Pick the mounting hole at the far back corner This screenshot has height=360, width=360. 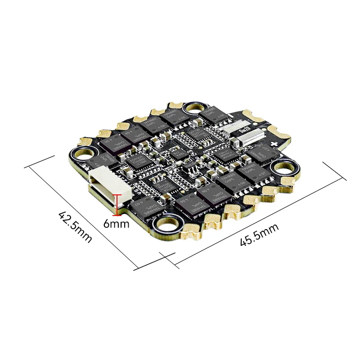click(197, 108)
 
